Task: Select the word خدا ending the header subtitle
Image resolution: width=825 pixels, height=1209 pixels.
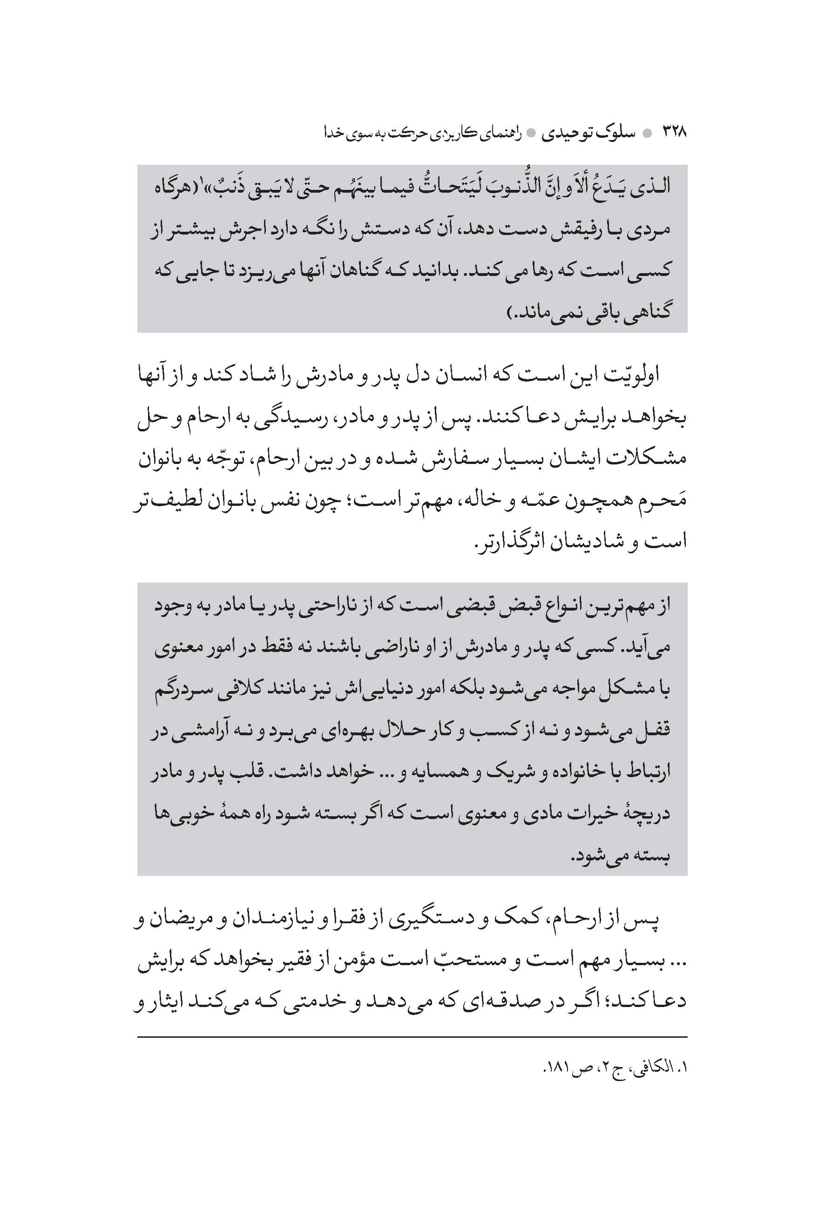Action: pos(336,133)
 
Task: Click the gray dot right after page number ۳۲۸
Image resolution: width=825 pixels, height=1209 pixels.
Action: pos(648,134)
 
